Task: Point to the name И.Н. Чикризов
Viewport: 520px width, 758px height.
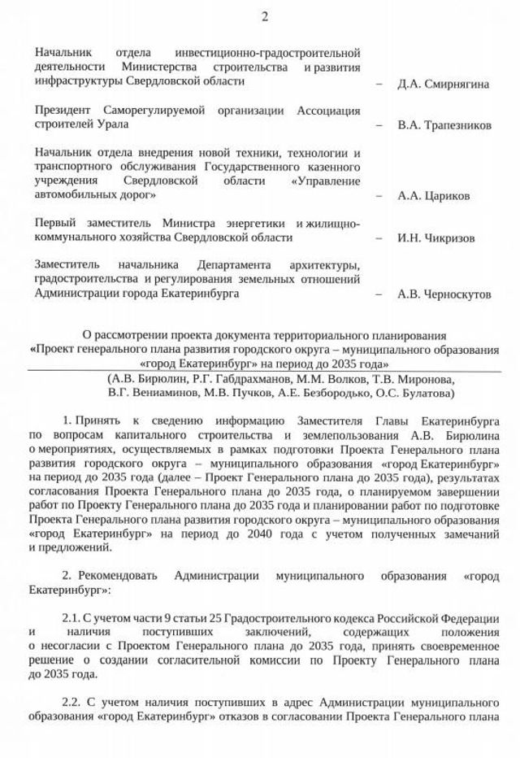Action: pyautogui.click(x=435, y=238)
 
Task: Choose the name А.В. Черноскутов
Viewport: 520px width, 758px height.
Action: pyautogui.click(x=444, y=294)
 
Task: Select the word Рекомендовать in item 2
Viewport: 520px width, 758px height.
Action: pyautogui.click(x=119, y=575)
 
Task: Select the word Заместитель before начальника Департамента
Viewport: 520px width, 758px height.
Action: pyautogui.click(x=67, y=265)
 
